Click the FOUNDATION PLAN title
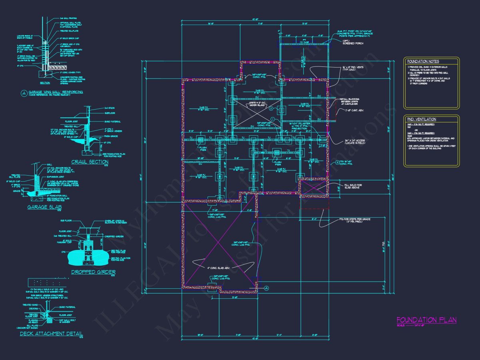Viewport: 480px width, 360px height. pos(426,320)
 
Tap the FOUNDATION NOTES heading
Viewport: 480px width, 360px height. pos(423,61)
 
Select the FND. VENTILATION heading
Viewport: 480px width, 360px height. pos(422,119)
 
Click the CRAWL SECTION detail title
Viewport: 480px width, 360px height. pos(90,162)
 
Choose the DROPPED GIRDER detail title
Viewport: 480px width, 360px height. pos(88,272)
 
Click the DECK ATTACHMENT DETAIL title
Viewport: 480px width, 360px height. pos(51,334)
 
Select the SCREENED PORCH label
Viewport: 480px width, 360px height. pos(353,43)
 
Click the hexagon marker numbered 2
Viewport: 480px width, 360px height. pos(271,108)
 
